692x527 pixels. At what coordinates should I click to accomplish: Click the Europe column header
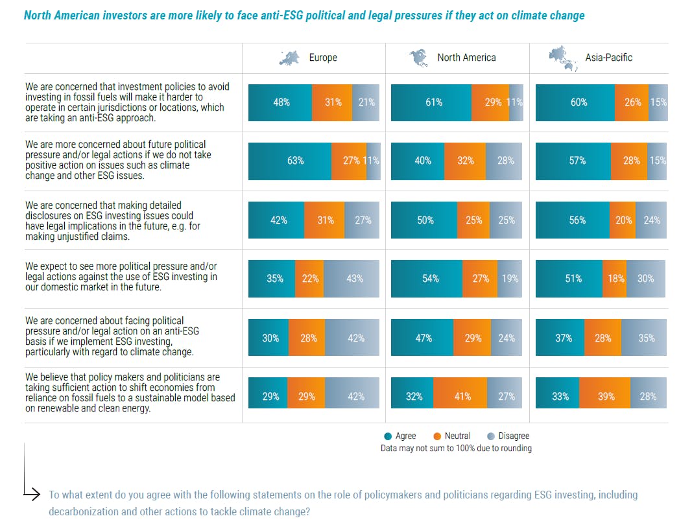pyautogui.click(x=322, y=58)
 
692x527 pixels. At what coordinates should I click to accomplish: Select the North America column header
pyautogui.click(x=466, y=58)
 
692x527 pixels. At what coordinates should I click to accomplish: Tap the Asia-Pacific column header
pyautogui.click(x=608, y=58)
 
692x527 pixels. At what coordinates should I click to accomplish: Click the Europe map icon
pyautogui.click(x=290, y=58)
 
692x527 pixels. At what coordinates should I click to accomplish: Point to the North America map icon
pyautogui.click(x=419, y=58)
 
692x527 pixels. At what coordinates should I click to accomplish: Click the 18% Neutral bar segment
pyautogui.click(x=614, y=279)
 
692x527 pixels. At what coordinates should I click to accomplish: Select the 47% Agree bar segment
pyautogui.click(x=424, y=338)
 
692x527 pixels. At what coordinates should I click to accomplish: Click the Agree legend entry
pyautogui.click(x=400, y=436)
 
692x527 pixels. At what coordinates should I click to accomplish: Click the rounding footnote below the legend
pyautogui.click(x=456, y=449)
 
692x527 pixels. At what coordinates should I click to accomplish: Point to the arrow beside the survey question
pyautogui.click(x=32, y=494)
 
